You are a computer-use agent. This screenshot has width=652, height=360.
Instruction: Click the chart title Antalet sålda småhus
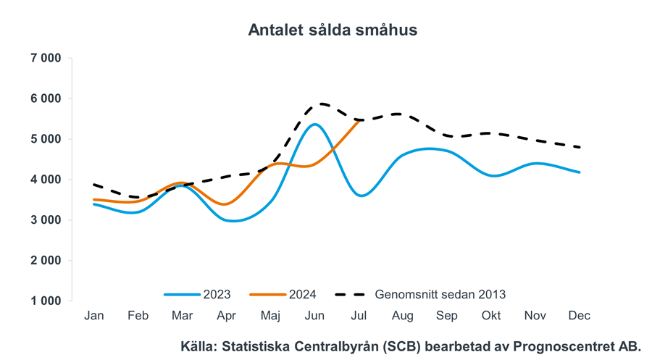pos(333,30)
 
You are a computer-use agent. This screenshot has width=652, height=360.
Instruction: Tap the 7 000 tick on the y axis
pos(46,58)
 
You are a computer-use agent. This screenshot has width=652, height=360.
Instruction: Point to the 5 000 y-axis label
pos(46,139)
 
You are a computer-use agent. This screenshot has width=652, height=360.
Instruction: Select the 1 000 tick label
pos(46,301)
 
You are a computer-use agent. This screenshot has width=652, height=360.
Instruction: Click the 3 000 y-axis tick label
pos(46,220)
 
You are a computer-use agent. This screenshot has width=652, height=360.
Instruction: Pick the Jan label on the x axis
pos(93,316)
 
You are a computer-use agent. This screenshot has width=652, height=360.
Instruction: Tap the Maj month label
pos(270,316)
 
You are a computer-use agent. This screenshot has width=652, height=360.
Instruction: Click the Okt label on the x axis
pos(491,316)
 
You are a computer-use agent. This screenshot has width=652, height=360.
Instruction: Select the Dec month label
pos(580,316)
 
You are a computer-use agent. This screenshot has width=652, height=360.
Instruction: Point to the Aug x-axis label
pos(403,316)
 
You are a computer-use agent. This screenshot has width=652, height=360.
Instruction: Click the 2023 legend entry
pos(217,294)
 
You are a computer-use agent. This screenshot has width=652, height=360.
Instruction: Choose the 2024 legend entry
pos(302,294)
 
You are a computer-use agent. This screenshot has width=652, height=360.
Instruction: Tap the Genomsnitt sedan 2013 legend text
pos(440,294)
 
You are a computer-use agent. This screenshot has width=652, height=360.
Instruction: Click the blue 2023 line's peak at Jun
pos(314,124)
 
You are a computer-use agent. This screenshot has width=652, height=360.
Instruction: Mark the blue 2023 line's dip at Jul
pos(361,196)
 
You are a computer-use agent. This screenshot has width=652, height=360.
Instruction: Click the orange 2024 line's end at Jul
pos(359,120)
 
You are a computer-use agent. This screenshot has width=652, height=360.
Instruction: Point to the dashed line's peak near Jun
pos(319,104)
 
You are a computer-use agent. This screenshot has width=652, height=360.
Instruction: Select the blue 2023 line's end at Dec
pos(580,172)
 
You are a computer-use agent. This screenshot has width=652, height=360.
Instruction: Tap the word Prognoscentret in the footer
pos(565,346)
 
